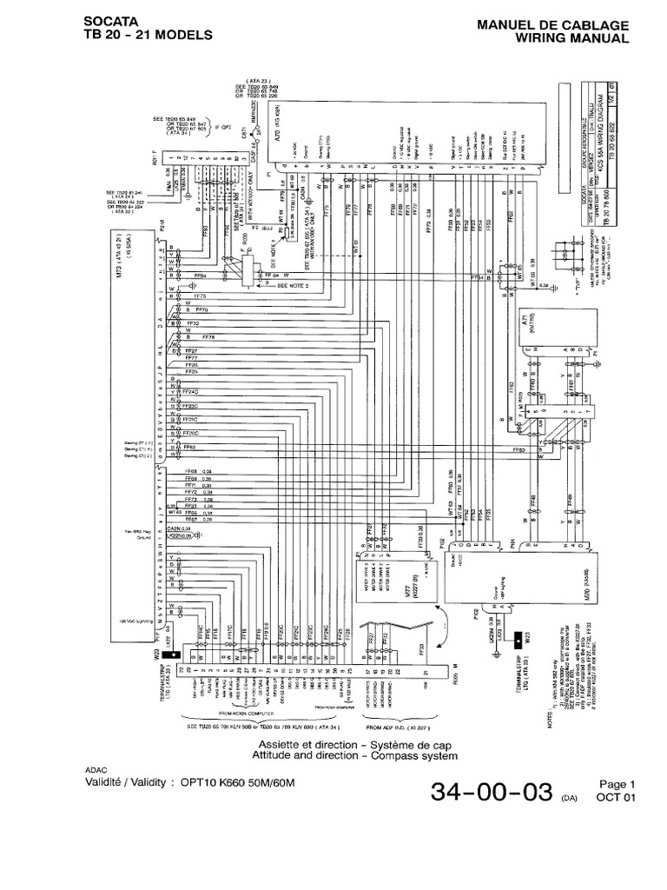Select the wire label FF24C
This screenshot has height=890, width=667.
(x=190, y=392)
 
